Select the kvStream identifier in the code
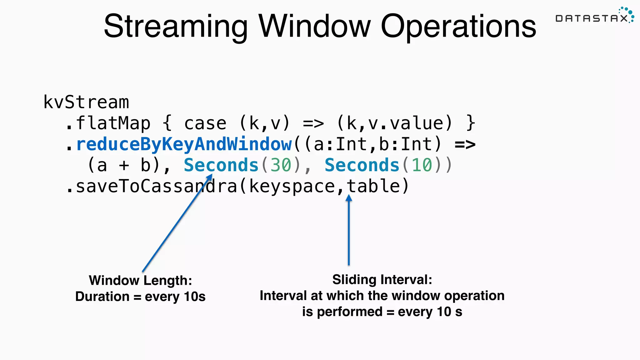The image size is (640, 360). [x=86, y=102]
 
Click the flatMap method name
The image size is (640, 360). [x=113, y=123]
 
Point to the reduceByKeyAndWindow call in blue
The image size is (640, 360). [x=184, y=144]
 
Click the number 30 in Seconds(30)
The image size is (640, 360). [x=280, y=165]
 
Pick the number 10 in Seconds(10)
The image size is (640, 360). [x=422, y=165]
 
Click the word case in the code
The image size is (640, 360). [x=205, y=123]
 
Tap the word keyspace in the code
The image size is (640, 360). [x=292, y=186]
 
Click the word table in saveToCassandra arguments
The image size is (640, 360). [x=373, y=186]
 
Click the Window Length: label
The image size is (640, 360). [x=140, y=280]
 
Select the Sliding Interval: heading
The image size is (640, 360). [x=382, y=279]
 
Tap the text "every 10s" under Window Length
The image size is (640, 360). [x=175, y=296]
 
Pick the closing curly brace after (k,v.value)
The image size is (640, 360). [x=471, y=123]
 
